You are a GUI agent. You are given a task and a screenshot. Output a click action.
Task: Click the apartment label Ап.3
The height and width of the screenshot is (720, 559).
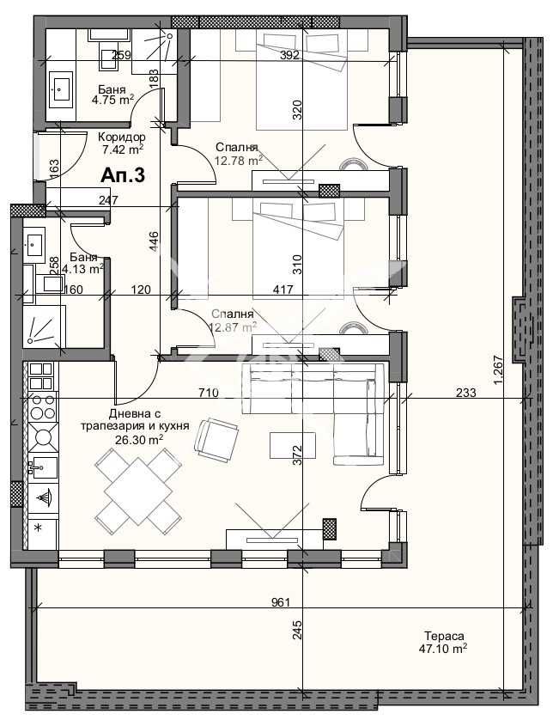[x=123, y=174]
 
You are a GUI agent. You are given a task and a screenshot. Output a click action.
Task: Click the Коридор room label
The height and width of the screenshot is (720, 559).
[x=121, y=137]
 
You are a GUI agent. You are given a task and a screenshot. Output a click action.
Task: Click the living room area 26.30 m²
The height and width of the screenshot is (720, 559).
[x=139, y=439]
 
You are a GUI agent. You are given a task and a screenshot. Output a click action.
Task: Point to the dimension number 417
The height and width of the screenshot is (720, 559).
[x=283, y=290]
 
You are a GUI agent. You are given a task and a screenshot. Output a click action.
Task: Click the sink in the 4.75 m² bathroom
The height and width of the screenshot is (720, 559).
[x=62, y=87]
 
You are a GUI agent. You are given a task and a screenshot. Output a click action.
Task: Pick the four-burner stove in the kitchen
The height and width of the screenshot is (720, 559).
[x=42, y=420]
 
